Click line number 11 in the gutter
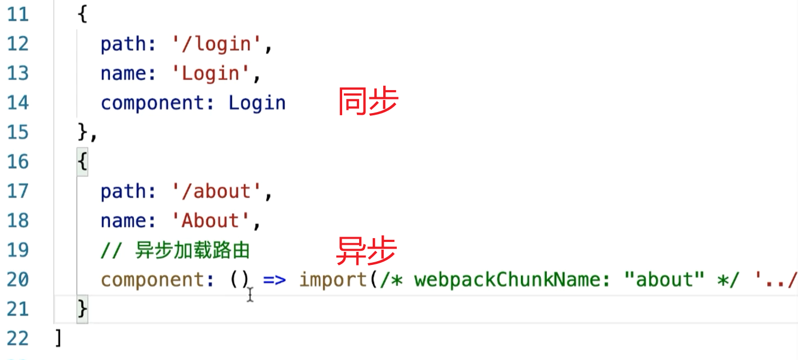coord(17,15)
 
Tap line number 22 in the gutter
coord(17,338)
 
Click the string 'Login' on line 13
coord(210,74)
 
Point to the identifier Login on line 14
coord(257,103)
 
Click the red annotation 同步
coord(368,102)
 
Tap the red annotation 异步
coord(367,251)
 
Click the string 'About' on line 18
coord(210,221)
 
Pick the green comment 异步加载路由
coord(192,250)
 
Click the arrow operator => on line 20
coord(274,280)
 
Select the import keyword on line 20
coord(333,280)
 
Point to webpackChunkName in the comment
coord(508,280)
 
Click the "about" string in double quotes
coord(664,280)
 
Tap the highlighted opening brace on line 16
coord(83,162)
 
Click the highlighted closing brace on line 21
coord(83,309)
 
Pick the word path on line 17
coord(123,192)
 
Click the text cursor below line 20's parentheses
coord(250,295)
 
